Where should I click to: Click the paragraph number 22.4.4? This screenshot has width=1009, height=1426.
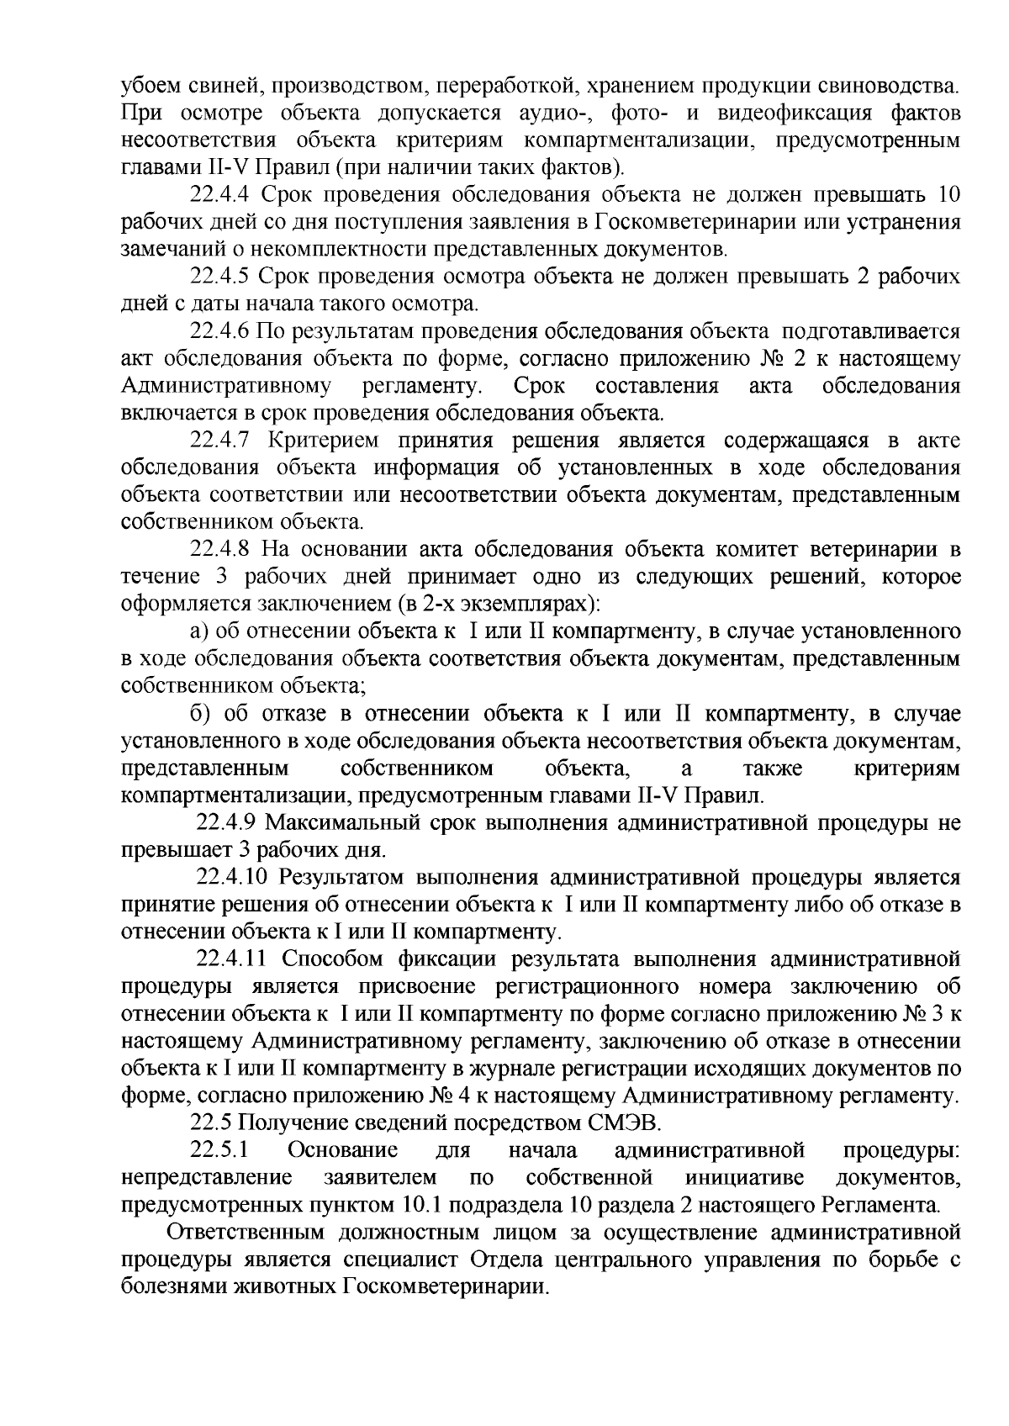point(219,197)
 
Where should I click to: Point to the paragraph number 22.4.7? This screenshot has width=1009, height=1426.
point(219,441)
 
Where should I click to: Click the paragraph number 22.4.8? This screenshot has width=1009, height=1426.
point(219,549)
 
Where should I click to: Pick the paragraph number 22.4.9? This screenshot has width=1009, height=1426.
point(225,821)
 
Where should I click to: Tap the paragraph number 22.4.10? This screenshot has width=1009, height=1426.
point(231,877)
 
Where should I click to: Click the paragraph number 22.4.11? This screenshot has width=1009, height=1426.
point(231,959)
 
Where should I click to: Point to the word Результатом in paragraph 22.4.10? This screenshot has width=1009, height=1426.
point(346,877)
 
